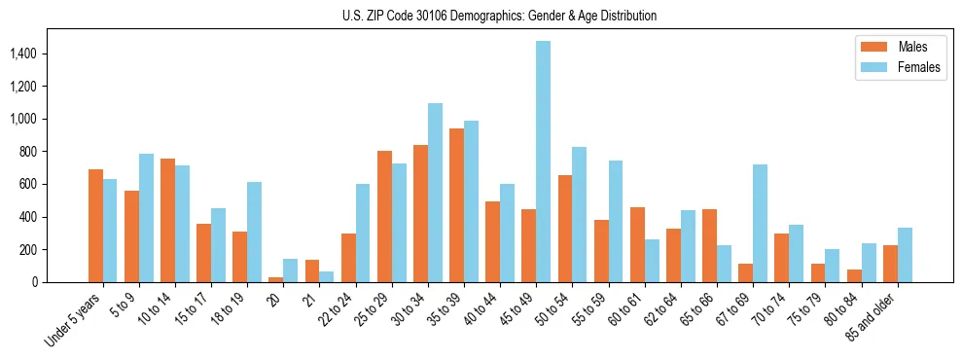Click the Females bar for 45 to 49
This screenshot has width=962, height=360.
click(543, 162)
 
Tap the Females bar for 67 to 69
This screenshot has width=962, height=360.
click(760, 223)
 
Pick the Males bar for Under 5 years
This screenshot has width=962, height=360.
click(95, 226)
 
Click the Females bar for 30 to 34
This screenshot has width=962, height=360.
click(435, 193)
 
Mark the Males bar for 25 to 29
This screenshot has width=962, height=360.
click(384, 216)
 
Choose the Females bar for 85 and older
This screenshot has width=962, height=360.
click(905, 255)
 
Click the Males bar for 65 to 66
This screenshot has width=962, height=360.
click(709, 245)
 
